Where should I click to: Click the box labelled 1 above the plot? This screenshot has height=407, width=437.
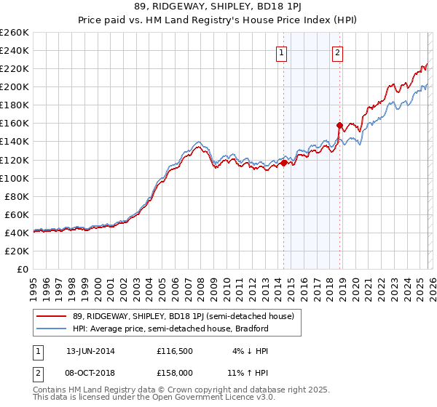tap(281, 52)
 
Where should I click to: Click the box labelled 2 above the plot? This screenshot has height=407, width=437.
tap(338, 52)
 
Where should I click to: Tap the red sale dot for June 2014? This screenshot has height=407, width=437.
tap(283, 163)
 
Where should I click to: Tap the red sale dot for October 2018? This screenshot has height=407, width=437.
tap(339, 125)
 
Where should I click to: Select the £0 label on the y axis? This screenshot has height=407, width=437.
tap(24, 269)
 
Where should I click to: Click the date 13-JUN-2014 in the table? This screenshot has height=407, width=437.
tap(90, 351)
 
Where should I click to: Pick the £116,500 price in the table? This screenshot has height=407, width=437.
tap(174, 351)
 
